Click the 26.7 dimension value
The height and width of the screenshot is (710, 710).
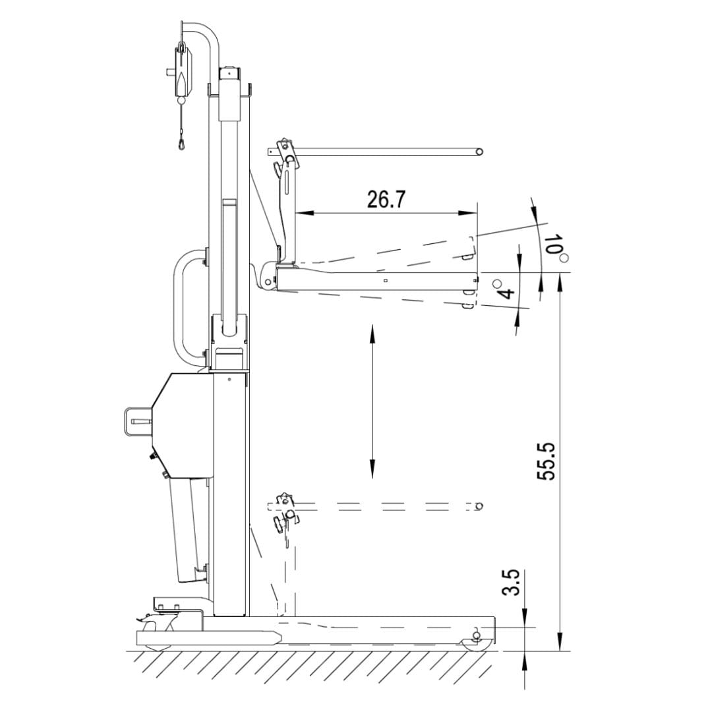[x=386, y=199]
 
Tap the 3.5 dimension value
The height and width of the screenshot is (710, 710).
[x=510, y=583]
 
